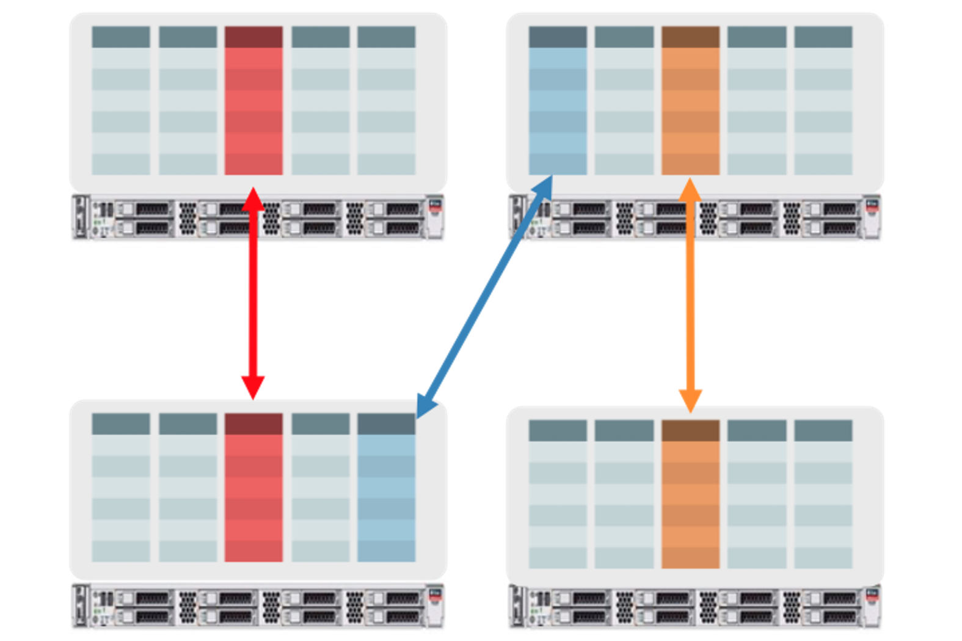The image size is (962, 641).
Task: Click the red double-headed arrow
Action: click(253, 293)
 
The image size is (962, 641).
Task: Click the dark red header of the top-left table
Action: click(253, 37)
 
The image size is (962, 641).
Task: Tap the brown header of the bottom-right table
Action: click(690, 430)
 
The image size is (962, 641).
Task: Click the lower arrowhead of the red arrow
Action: click(253, 386)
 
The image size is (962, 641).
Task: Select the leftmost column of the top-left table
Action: click(121, 101)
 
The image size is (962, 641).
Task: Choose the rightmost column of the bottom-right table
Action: click(823, 494)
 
